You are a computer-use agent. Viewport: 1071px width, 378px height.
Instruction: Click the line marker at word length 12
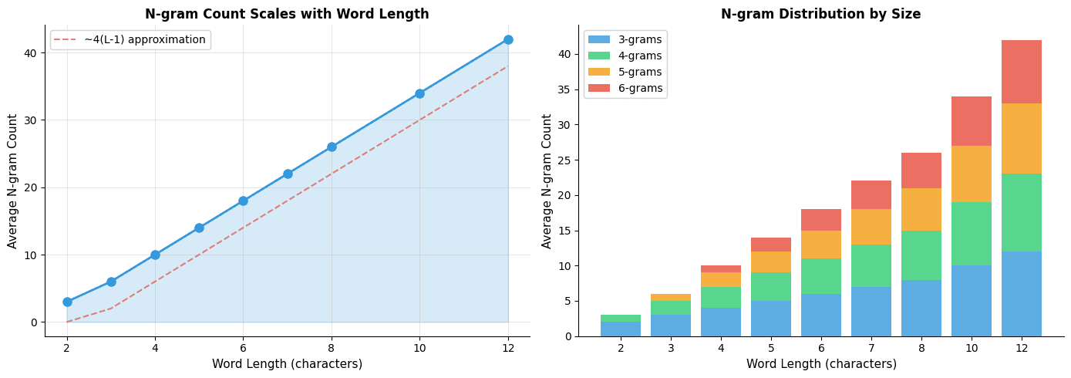coord(508,39)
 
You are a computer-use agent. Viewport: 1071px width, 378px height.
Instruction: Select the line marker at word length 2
coord(67,302)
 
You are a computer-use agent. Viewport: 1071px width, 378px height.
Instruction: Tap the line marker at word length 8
coord(332,147)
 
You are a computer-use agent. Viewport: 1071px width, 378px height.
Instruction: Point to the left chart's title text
coord(287,14)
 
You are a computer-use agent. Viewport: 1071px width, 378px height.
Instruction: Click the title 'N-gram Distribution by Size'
coord(820,14)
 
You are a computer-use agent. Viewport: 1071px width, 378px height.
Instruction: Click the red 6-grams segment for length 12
coord(1022,72)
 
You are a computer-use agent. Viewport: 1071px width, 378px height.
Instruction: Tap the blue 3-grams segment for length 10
coord(972,301)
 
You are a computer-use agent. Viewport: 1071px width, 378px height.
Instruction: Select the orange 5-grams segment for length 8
coord(921,209)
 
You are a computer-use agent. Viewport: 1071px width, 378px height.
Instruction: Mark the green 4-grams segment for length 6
coord(821,276)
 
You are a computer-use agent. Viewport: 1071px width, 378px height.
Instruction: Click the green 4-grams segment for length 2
coord(621,319)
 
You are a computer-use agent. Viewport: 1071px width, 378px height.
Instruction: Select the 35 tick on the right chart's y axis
coord(564,89)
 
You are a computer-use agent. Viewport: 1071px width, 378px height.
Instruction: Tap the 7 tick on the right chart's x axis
coord(871,349)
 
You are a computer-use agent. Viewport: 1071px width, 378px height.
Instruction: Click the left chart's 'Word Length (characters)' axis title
coord(287,364)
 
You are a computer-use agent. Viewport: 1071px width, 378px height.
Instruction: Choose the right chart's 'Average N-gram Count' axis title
coord(547,181)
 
